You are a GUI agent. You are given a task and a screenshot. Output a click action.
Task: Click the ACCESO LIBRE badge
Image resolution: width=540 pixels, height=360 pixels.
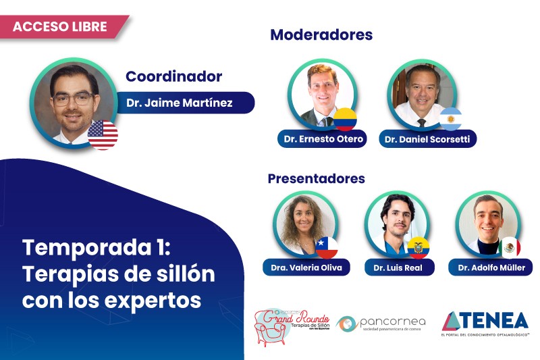(x=61, y=27)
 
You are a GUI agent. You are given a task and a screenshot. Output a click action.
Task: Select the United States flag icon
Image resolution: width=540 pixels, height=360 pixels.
(x=103, y=134)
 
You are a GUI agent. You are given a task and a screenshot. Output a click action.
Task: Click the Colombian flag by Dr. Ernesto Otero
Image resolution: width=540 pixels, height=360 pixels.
(x=345, y=119)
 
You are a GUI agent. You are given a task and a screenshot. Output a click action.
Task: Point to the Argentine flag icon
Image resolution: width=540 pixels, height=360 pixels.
(x=450, y=120)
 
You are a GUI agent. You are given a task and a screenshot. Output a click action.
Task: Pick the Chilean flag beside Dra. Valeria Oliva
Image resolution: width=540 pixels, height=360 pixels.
(x=327, y=248)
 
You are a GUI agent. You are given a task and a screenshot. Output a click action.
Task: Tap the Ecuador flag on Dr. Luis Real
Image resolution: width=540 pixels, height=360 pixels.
(x=418, y=248)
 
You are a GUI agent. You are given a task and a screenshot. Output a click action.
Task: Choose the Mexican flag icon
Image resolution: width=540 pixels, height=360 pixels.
(x=510, y=248)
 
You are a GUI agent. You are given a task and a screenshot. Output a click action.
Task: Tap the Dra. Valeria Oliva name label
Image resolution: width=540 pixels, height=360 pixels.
(x=307, y=267)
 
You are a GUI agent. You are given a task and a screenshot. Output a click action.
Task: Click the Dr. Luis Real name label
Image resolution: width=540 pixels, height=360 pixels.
(x=399, y=267)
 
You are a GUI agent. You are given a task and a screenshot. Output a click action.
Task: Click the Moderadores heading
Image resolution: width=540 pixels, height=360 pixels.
(x=321, y=34)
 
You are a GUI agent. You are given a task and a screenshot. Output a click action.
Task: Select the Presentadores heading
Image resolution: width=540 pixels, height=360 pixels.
(x=316, y=179)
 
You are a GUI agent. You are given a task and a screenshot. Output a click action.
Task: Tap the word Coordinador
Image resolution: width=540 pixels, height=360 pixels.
(x=173, y=77)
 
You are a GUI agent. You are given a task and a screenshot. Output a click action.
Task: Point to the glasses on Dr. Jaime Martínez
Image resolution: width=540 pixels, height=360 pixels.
(x=72, y=99)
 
